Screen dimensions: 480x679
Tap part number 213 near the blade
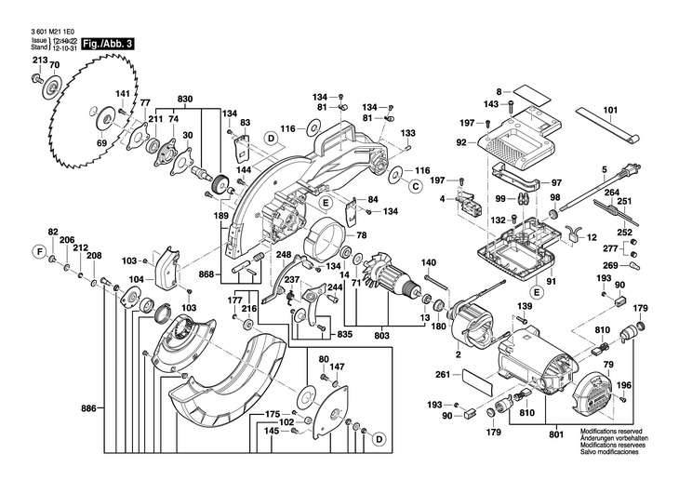[38, 60]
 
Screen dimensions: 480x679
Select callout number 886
[89, 409]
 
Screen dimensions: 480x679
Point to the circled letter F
[39, 251]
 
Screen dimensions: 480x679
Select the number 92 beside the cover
[461, 143]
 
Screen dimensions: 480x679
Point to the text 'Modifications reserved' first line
[613, 433]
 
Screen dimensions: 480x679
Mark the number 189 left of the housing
[221, 216]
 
